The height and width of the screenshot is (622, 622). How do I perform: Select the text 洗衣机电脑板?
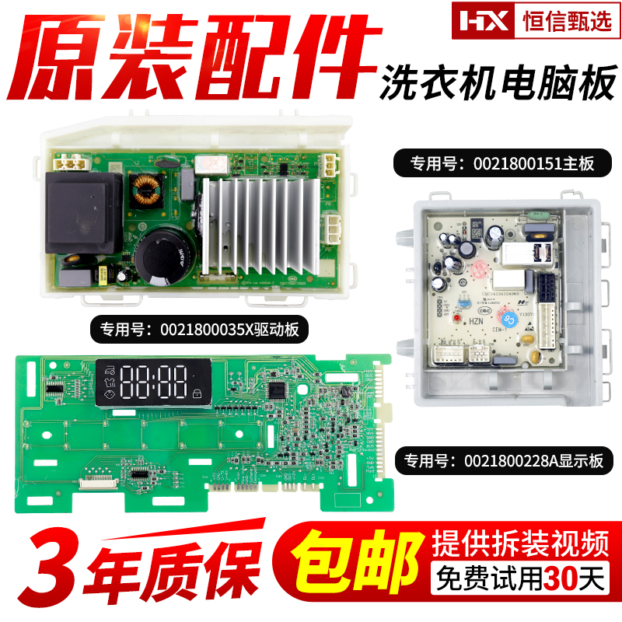pyautogui.click(x=497, y=82)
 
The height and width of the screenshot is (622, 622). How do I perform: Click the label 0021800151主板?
pyautogui.click(x=505, y=165)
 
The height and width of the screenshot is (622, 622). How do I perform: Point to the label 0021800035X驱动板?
pyautogui.click(x=194, y=329)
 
